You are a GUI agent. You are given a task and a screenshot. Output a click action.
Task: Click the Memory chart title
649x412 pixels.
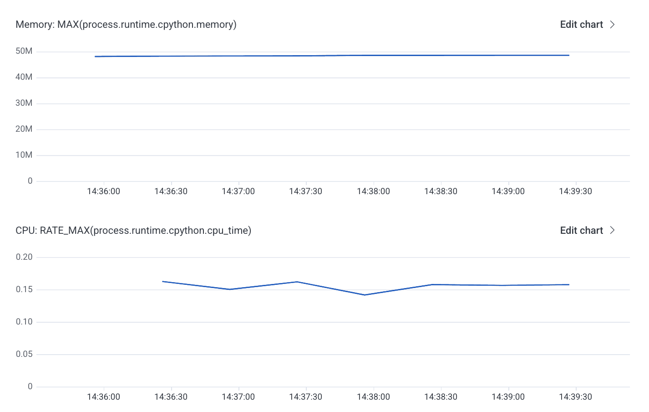[x=126, y=25]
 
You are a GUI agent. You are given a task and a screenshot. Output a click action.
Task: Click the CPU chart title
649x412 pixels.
[x=133, y=231]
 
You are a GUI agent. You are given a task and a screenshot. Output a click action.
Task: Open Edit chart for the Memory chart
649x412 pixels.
[x=587, y=25]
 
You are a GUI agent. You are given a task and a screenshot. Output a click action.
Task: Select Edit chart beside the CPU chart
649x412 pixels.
[x=587, y=231]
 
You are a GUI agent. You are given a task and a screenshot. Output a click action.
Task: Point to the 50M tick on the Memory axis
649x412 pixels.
[x=24, y=51]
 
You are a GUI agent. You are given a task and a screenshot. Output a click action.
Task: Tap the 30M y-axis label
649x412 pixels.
[x=24, y=103]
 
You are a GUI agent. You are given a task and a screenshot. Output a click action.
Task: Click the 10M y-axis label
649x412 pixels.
[x=24, y=155]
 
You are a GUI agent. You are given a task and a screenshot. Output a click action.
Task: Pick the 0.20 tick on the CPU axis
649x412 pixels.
[x=24, y=257]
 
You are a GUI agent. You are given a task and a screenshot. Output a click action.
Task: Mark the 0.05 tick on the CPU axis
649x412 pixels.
[x=24, y=354]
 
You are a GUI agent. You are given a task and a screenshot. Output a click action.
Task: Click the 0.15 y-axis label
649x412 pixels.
[x=24, y=289]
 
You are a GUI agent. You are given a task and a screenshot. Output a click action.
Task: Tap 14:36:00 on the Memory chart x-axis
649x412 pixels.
[x=104, y=191]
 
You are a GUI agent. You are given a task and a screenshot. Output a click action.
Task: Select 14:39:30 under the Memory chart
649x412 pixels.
[x=575, y=191]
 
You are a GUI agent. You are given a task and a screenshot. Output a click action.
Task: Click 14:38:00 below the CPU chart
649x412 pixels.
[x=373, y=397]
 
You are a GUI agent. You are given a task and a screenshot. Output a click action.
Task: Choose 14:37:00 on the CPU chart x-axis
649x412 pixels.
[x=238, y=397]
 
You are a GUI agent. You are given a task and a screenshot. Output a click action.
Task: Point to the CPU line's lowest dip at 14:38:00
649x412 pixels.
[x=365, y=295]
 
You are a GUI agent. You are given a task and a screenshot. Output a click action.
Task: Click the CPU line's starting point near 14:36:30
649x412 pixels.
[x=163, y=282]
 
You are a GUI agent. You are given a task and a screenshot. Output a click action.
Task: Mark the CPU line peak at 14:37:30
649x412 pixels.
[x=297, y=282]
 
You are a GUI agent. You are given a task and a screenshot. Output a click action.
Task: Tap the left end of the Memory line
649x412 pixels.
[x=96, y=57]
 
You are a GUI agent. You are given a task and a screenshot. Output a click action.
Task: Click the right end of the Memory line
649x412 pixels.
[x=568, y=55]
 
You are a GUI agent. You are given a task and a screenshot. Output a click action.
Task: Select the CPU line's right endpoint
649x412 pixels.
[x=568, y=285]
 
